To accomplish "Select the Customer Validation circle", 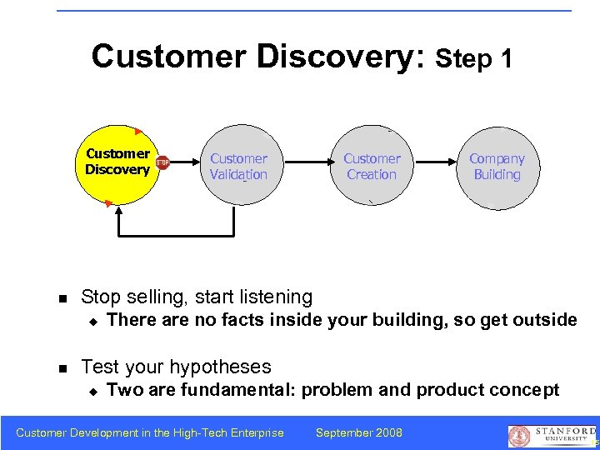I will click(x=238, y=167).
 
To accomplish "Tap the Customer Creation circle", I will click(x=372, y=167).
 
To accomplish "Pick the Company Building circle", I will click(x=497, y=167).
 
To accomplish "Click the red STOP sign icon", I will click(x=162, y=163).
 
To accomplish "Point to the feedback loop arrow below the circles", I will click(x=176, y=234).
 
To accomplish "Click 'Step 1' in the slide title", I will click(x=474, y=58).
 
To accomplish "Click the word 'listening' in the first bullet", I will click(x=272, y=297).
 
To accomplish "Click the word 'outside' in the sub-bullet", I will click(x=543, y=320).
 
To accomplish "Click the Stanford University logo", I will click(x=552, y=433).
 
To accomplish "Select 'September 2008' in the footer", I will click(x=359, y=432).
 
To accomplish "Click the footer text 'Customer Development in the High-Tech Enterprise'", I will click(x=150, y=432).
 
